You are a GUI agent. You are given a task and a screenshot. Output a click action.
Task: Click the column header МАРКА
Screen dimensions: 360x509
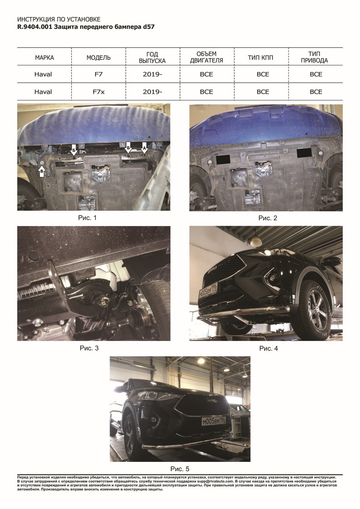click(x=44, y=58)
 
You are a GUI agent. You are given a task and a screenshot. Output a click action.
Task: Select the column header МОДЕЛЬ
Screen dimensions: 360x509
click(x=98, y=58)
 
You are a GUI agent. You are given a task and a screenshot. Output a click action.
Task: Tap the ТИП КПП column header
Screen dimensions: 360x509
click(x=260, y=58)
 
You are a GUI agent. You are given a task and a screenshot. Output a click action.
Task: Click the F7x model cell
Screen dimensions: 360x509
click(x=98, y=92)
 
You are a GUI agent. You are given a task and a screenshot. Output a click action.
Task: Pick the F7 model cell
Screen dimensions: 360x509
click(x=98, y=74)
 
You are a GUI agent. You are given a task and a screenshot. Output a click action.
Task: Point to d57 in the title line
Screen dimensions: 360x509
click(x=149, y=27)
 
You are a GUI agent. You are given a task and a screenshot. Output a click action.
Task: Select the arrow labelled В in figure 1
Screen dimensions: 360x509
click(x=42, y=171)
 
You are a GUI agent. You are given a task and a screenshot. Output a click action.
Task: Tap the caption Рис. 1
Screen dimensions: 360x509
click(x=87, y=218)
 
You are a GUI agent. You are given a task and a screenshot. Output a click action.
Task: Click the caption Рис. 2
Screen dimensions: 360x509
click(x=268, y=218)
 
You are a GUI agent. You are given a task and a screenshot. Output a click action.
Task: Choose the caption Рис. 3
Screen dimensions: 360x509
click(x=89, y=348)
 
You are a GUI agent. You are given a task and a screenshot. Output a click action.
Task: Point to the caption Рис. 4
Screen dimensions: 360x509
click(x=269, y=348)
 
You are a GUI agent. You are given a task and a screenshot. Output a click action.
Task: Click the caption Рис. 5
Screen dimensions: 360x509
click(x=180, y=469)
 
